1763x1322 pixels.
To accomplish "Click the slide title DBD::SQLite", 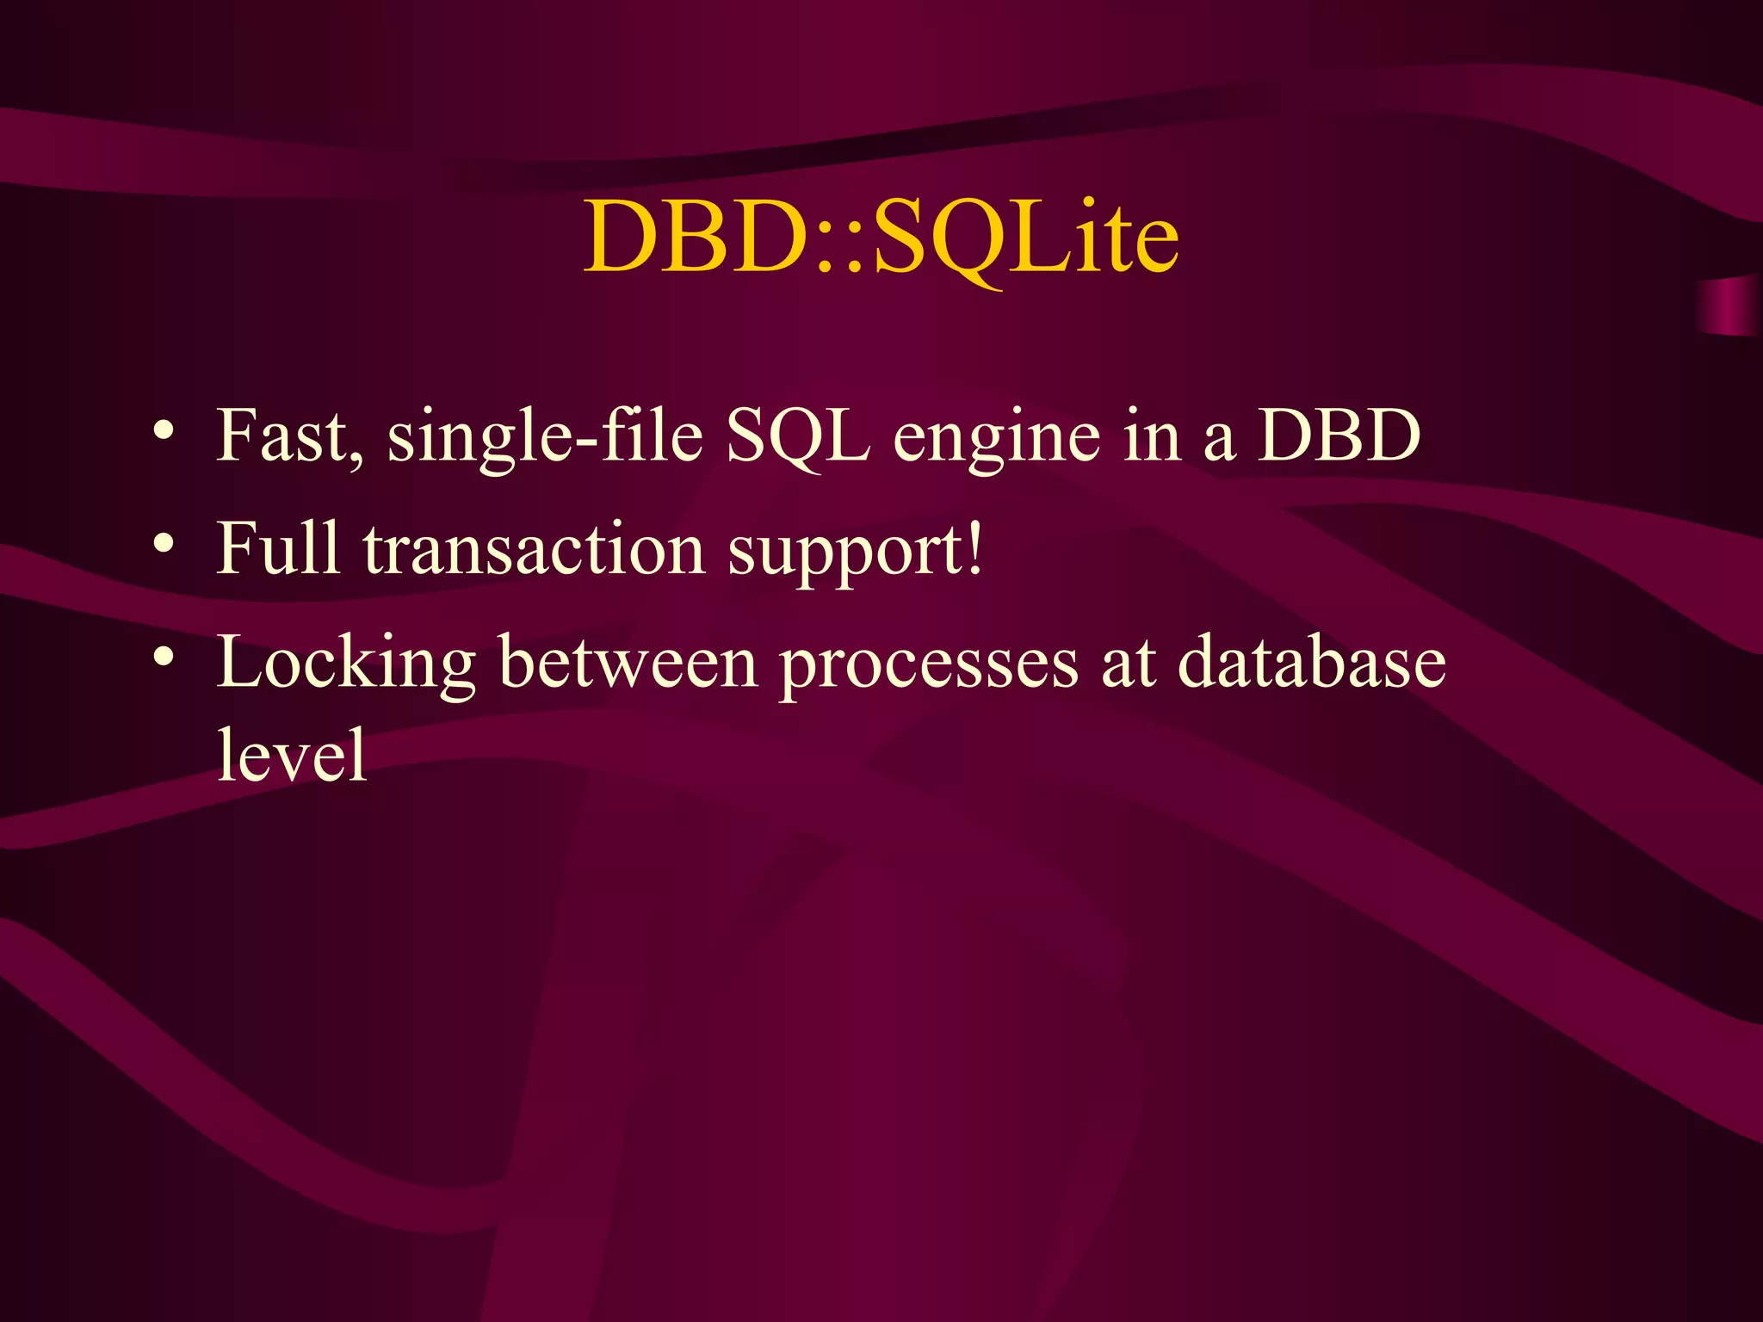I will click(881, 237).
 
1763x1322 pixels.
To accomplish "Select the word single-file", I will click(545, 436).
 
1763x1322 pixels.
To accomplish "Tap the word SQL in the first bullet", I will click(797, 436).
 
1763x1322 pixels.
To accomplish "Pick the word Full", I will click(278, 548).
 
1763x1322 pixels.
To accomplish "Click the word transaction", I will click(534, 549).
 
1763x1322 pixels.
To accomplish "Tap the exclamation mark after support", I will click(974, 548).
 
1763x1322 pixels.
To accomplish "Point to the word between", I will click(628, 663).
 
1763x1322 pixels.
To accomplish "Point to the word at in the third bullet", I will click(1128, 663).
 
